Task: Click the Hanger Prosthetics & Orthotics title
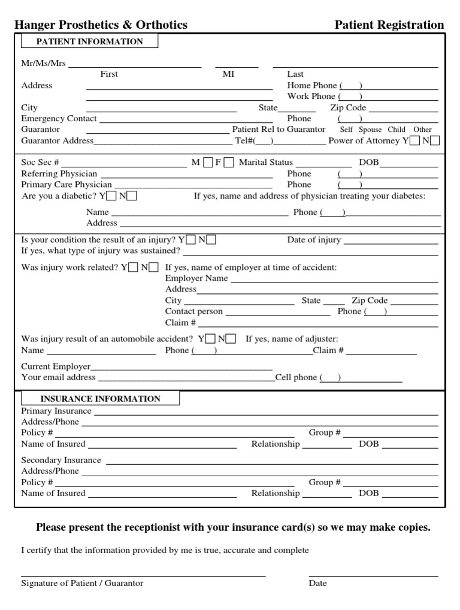[101, 25]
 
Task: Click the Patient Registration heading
[389, 25]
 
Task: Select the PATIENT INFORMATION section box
[90, 41]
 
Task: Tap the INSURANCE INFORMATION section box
[100, 399]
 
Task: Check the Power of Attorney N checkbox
[435, 141]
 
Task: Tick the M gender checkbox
[208, 163]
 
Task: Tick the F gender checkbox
[228, 163]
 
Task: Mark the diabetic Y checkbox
[112, 196]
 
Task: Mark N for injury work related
[154, 268]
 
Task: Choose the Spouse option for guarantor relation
[370, 130]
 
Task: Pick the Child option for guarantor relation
[397, 130]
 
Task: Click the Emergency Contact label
[59, 119]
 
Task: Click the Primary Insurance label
[56, 411]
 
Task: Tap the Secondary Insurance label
[61, 460]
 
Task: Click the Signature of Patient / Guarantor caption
[82, 583]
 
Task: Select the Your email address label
[58, 377]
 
